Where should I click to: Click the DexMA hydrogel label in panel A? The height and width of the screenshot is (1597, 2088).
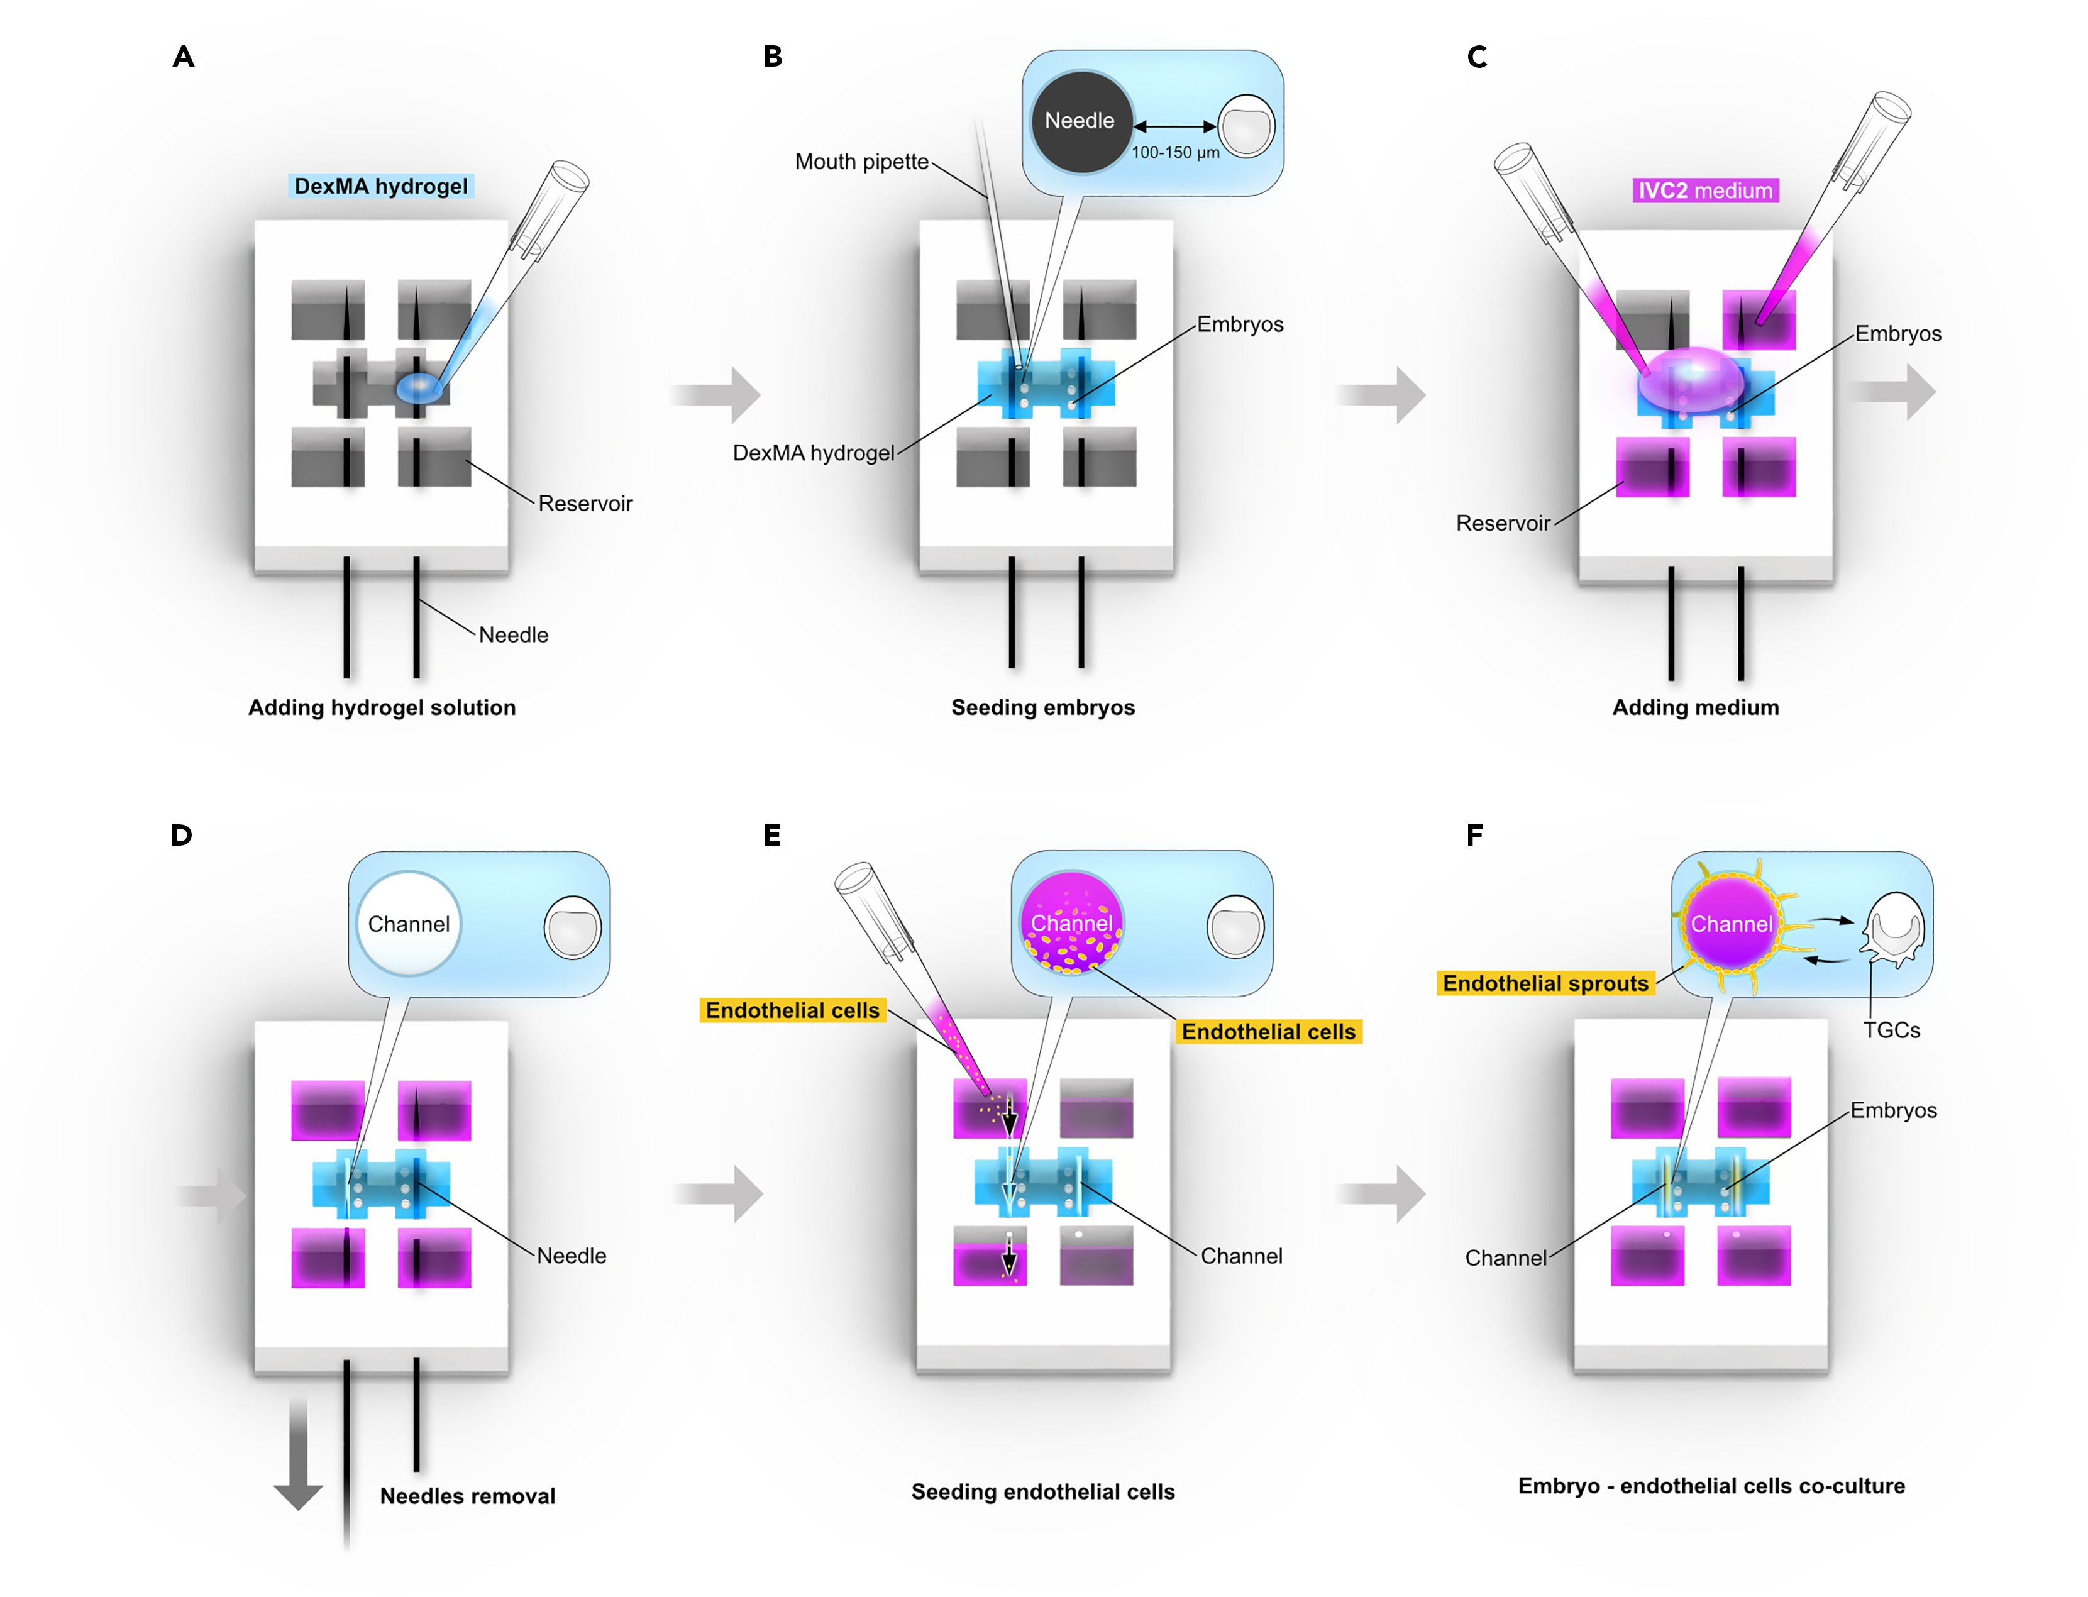pos(380,186)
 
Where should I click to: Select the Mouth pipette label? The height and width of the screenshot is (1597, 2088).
pos(861,162)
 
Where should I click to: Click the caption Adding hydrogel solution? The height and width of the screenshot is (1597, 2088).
pos(382,708)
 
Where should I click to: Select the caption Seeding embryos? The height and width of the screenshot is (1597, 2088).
pos(1042,708)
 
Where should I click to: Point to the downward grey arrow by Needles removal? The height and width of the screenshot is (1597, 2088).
pos(299,1454)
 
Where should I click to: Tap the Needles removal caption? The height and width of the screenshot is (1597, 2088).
pos(468,1496)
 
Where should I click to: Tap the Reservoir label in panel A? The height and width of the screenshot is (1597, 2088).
pos(585,504)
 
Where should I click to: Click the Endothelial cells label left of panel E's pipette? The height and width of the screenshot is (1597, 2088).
pos(793,1010)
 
